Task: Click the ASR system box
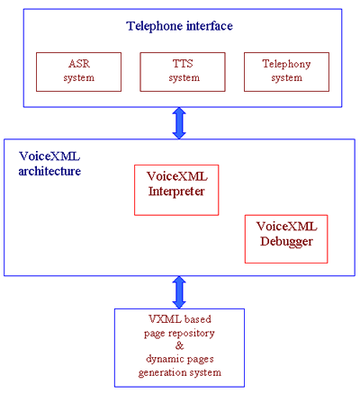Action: [78, 72]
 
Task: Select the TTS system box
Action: [183, 72]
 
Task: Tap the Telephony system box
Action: [286, 72]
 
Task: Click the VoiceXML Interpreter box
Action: [176, 190]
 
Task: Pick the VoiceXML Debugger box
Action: [286, 239]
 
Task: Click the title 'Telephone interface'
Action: [179, 26]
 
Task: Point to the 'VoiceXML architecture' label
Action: [49, 164]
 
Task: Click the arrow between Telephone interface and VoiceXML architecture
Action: [179, 123]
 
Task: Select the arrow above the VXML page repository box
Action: [179, 292]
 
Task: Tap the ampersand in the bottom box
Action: [179, 345]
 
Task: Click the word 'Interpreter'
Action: [176, 192]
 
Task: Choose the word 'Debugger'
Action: [286, 242]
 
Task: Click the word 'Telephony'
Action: [286, 65]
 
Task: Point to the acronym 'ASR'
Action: [79, 64]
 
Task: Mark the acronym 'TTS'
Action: [183, 64]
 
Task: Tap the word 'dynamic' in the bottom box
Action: [164, 359]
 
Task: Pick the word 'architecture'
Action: [49, 171]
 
